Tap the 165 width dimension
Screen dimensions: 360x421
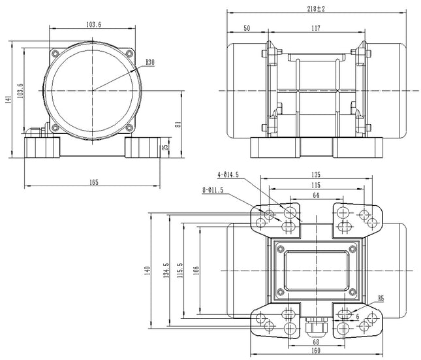[x=93, y=182]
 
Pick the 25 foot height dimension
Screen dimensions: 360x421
[x=166, y=147]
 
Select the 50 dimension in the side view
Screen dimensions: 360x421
[x=247, y=28]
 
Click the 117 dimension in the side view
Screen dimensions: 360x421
[x=315, y=28]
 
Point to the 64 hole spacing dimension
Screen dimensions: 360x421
[x=316, y=195]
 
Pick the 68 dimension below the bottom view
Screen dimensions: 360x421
[x=316, y=342]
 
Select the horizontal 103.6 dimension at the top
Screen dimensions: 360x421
[x=93, y=24]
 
